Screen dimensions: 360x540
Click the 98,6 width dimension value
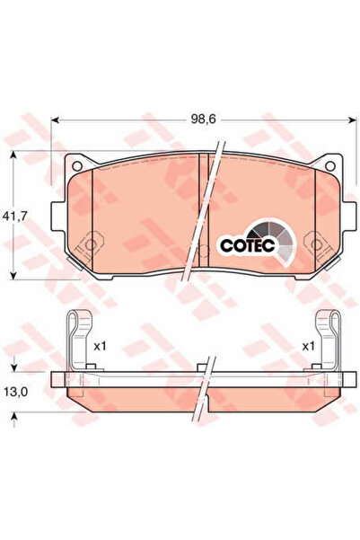tap(203, 120)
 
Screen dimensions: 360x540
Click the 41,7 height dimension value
tap(14, 216)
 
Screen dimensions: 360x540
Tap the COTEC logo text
tap(248, 245)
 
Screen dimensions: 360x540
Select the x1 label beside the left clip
tap(101, 347)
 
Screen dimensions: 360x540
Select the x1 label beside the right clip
tap(308, 347)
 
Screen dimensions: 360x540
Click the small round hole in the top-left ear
tap(77, 166)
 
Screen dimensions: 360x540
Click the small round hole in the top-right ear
tap(330, 166)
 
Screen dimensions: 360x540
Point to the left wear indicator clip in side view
tap(80, 341)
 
